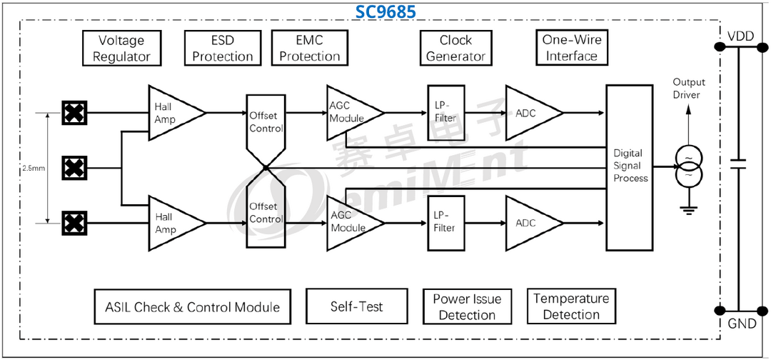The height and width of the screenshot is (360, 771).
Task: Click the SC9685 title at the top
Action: [x=385, y=12]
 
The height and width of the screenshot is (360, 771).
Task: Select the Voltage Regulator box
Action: [x=121, y=49]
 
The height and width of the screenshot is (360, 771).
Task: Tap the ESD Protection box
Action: [x=223, y=49]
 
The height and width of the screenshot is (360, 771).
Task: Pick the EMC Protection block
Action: [x=310, y=49]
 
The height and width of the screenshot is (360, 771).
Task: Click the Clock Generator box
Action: [x=455, y=49]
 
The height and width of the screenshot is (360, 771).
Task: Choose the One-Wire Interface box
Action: [x=570, y=48]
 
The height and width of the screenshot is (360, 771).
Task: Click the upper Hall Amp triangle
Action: [x=171, y=112]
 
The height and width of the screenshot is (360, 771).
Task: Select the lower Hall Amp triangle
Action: [x=171, y=223]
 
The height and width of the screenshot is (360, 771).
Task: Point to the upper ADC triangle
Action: [x=529, y=113]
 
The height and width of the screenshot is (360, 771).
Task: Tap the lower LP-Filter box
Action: [x=444, y=221]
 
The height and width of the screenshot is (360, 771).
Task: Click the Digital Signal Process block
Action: [x=630, y=167]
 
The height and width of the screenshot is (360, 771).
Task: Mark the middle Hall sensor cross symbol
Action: [x=72, y=169]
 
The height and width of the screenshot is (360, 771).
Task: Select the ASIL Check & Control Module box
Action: [x=193, y=306]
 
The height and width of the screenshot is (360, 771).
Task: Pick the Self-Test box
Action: [x=356, y=306]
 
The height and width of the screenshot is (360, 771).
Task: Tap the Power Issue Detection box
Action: [x=467, y=306]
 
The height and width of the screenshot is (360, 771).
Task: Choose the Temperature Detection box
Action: [x=571, y=306]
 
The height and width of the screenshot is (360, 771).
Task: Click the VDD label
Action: [x=741, y=36]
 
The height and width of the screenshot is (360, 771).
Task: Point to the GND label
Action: [x=742, y=324]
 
